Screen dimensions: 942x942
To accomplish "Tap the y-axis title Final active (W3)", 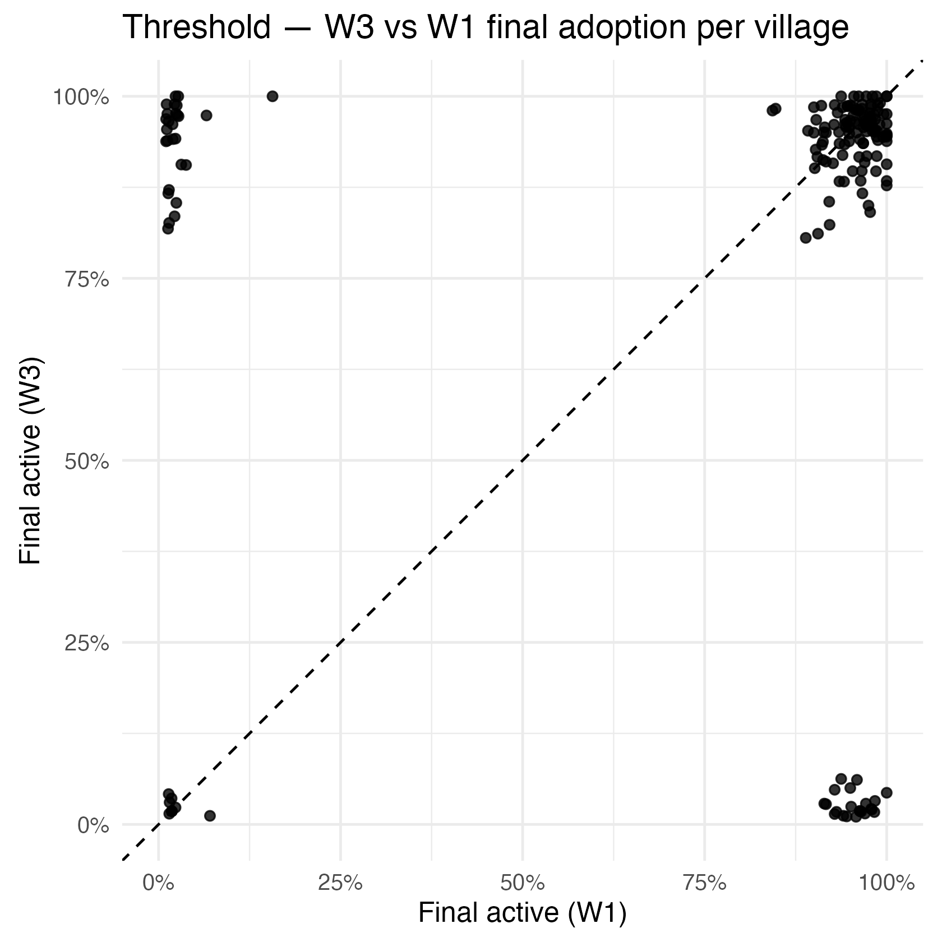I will [x=31, y=460].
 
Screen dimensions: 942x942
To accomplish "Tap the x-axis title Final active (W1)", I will [x=522, y=912].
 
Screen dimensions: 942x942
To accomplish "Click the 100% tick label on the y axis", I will [x=80, y=97].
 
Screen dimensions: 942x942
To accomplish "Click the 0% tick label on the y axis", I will [x=93, y=825].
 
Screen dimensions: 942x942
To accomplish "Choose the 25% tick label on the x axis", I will [x=340, y=884].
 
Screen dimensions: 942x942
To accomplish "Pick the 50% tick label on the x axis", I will [x=522, y=884].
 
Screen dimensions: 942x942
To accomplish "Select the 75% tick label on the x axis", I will [x=704, y=884].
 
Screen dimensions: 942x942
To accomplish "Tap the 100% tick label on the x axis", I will [x=886, y=884].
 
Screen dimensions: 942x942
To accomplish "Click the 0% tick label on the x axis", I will [x=159, y=884].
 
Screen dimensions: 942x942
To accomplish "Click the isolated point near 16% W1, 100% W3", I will [x=273, y=96].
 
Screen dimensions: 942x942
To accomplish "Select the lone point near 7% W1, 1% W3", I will [x=210, y=815].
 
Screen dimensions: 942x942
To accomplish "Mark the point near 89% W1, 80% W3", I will [x=806, y=238].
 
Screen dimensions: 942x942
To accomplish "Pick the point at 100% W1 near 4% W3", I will [x=886, y=792].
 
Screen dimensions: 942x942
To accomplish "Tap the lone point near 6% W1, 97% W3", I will [x=206, y=116].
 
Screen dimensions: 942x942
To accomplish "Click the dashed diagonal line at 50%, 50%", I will [x=522, y=461].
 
